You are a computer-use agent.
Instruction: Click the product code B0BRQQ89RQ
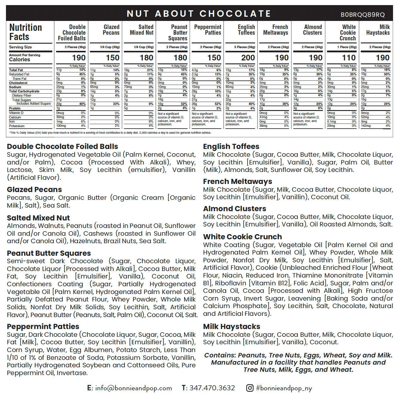363,15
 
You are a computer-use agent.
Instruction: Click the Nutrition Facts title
25,32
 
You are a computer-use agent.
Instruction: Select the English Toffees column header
246,30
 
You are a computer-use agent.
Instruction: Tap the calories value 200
248,58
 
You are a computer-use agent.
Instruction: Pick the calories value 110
349,58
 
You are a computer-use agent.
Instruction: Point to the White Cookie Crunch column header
348,33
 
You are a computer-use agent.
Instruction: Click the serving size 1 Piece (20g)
347,47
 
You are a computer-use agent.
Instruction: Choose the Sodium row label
15,87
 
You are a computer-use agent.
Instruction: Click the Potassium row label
17,126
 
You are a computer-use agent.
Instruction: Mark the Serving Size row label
20,47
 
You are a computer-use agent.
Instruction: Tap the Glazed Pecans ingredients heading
34,189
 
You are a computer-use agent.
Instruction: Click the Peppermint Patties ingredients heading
43,326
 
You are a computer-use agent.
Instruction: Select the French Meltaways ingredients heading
237,181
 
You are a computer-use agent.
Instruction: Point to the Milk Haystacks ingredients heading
231,326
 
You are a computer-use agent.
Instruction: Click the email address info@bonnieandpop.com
133,388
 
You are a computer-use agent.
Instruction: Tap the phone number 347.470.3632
212,388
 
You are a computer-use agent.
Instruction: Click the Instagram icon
250,388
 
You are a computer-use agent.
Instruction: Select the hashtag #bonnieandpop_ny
284,388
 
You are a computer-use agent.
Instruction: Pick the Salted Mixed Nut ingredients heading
38,218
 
